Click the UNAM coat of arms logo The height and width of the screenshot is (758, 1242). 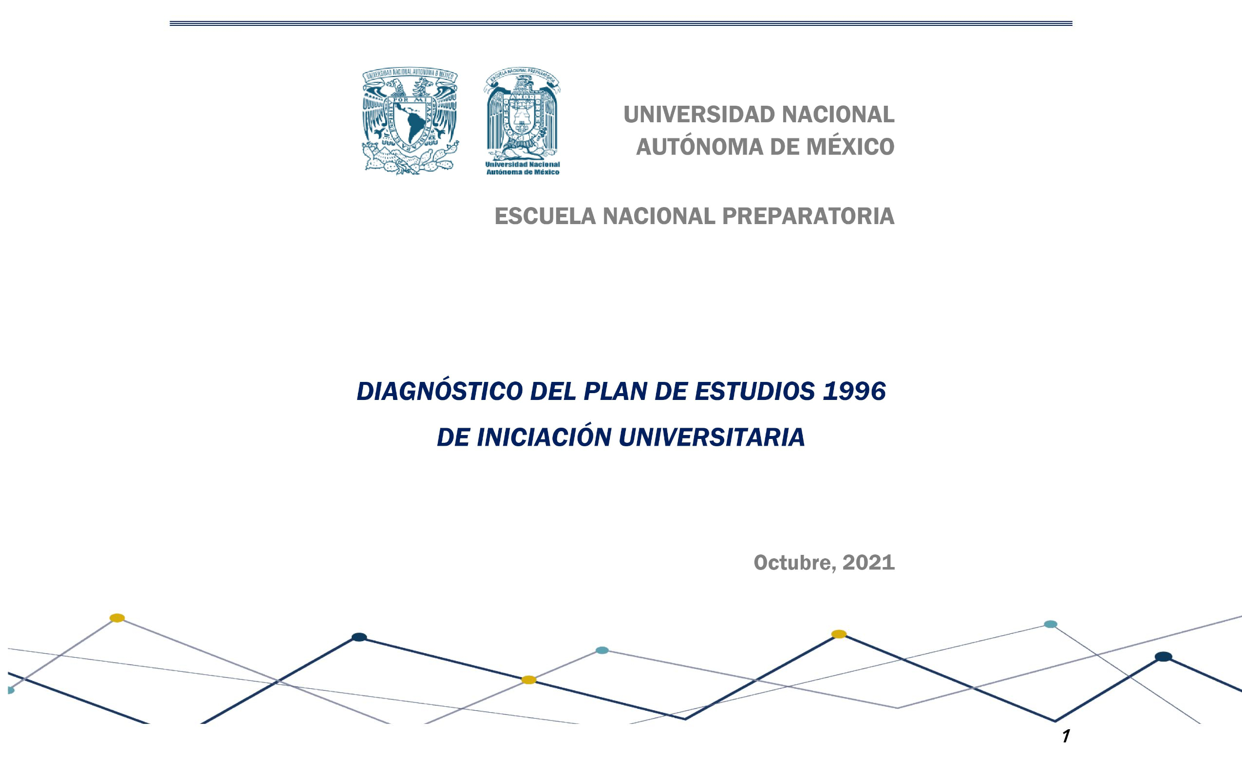click(410, 121)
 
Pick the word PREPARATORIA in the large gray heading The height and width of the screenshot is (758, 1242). click(808, 216)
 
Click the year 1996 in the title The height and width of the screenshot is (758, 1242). click(853, 392)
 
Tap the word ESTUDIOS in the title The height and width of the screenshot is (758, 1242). click(754, 392)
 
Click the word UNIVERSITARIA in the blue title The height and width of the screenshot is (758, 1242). click(711, 437)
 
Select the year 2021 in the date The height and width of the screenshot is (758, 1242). click(868, 563)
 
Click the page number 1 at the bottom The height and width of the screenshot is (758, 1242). click(1066, 737)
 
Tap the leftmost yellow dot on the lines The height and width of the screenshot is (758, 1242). click(117, 618)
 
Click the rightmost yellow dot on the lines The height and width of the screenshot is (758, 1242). click(839, 634)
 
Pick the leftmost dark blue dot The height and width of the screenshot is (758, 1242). click(359, 637)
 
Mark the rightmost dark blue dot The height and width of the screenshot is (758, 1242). click(1164, 657)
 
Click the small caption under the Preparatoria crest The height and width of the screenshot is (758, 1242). click(522, 169)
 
